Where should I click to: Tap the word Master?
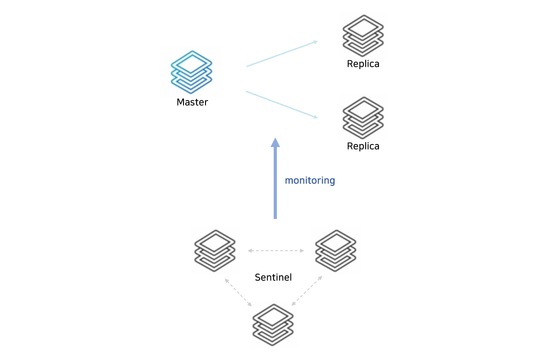(192, 102)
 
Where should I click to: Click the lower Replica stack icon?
(363, 118)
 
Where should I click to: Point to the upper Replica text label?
(363, 64)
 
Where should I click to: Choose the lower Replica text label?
(363, 146)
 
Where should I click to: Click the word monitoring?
(310, 181)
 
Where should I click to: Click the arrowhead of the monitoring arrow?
(275, 142)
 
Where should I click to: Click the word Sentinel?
(273, 277)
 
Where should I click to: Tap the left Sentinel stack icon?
(215, 251)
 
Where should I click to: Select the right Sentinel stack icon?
(335, 251)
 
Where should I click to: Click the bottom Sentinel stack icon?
(273, 325)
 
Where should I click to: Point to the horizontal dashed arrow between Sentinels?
(276, 251)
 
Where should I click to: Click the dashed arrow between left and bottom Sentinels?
(238, 292)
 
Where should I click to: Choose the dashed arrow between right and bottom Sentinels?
(307, 291)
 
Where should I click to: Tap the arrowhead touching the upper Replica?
(315, 42)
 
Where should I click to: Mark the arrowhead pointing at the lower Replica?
(315, 117)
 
